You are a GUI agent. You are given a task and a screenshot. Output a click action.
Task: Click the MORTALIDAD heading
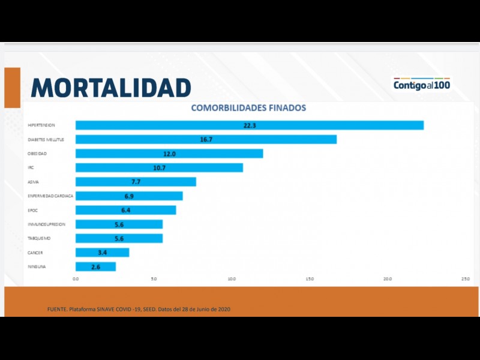[111, 88]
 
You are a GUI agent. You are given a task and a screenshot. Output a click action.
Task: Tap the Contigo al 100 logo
[421, 85]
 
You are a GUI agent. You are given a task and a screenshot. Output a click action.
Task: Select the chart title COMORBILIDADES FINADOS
[248, 108]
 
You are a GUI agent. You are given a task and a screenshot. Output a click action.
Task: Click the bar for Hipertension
[249, 125]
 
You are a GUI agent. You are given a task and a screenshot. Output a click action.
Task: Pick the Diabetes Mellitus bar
[206, 139]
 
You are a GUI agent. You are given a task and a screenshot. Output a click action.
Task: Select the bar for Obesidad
[169, 154]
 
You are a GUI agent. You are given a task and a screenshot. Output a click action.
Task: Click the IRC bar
[159, 167]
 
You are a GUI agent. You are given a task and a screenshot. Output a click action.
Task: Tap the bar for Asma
[136, 182]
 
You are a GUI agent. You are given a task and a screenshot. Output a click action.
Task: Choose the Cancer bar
[102, 253]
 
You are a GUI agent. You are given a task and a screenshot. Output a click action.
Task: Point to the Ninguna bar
[95, 266]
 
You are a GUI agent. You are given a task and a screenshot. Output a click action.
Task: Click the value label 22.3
[250, 125]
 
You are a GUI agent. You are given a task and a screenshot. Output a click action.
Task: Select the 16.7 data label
[206, 139]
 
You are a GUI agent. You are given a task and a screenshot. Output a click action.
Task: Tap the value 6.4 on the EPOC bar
[126, 210]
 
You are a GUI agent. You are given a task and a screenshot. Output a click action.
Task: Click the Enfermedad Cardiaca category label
[50, 196]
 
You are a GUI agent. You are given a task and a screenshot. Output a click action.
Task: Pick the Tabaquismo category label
[39, 238]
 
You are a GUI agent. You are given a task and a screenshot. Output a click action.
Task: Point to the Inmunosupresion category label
[46, 224]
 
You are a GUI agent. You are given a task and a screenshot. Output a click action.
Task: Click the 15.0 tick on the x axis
[310, 279]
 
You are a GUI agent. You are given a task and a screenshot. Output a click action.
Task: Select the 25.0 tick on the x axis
[465, 279]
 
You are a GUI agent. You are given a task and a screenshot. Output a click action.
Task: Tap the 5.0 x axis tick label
[154, 279]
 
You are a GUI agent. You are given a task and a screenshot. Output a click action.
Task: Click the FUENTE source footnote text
[139, 309]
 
